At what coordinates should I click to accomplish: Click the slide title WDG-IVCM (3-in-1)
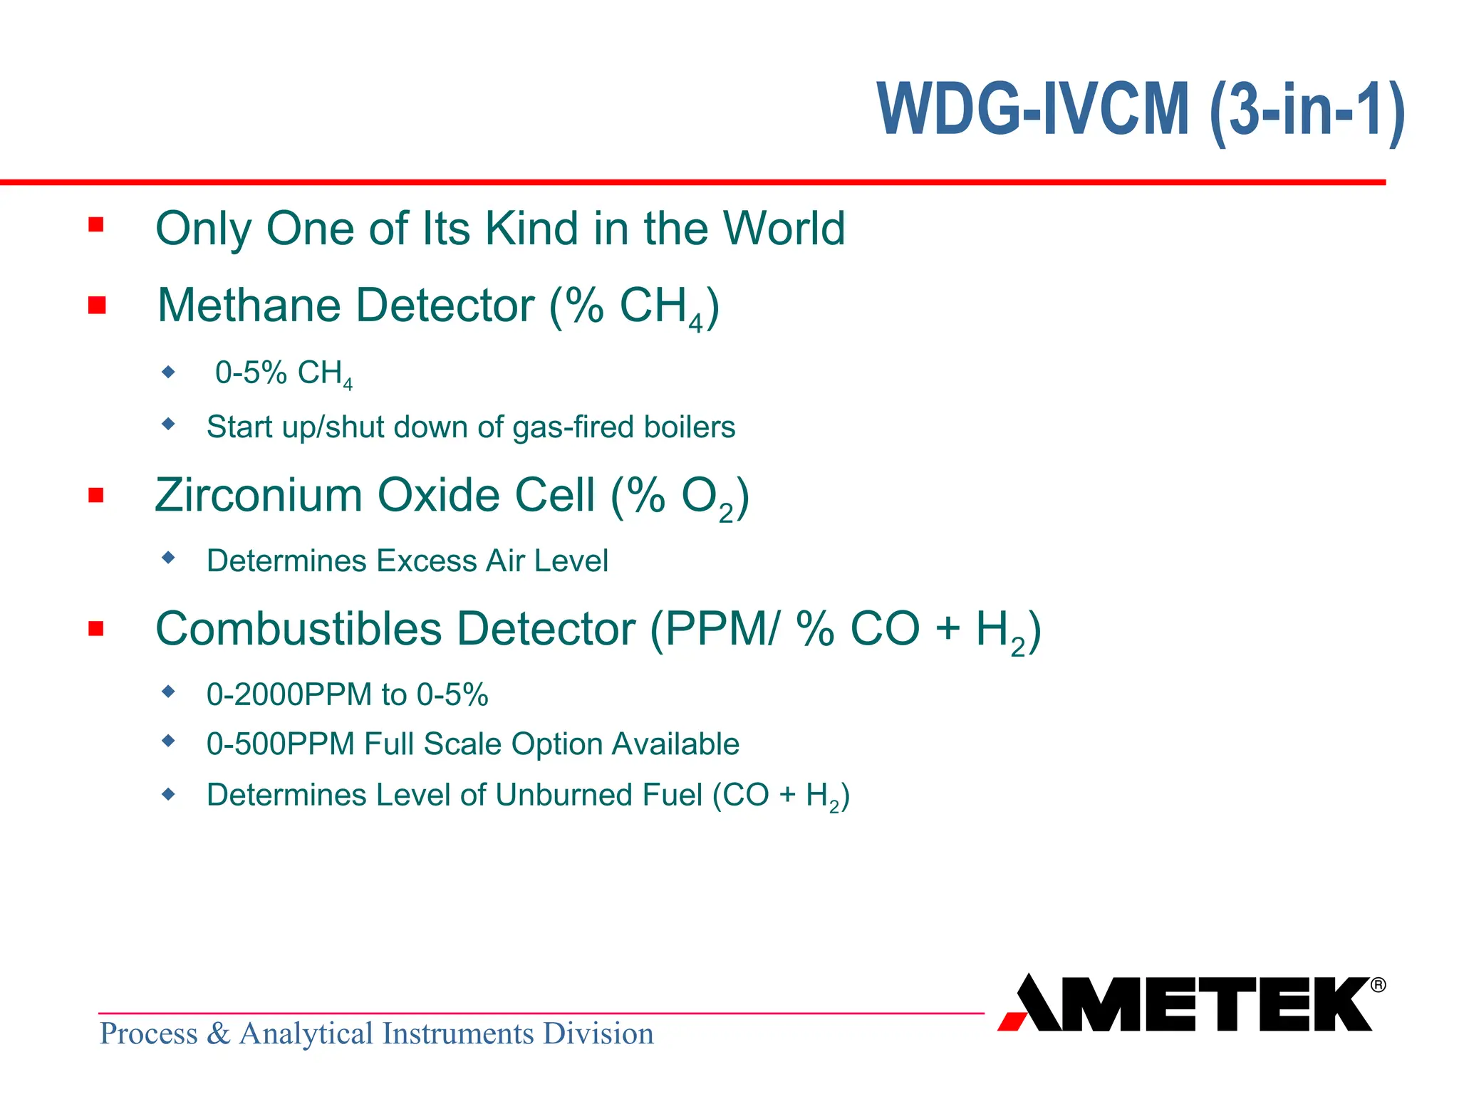(1140, 110)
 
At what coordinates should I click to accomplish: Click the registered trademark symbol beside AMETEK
(1378, 985)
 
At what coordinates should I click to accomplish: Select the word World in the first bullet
(784, 229)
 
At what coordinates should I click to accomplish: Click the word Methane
(249, 306)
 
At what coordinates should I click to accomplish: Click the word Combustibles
(298, 629)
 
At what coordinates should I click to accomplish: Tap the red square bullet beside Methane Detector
(97, 306)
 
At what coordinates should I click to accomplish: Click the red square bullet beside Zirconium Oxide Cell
(96, 495)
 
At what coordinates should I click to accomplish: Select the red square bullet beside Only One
(96, 225)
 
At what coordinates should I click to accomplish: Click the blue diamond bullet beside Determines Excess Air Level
(168, 557)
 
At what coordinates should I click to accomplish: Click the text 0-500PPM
(281, 744)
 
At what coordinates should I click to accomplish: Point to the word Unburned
(564, 796)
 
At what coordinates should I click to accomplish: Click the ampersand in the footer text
(219, 1034)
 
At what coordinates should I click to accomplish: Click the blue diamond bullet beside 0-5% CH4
(168, 371)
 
